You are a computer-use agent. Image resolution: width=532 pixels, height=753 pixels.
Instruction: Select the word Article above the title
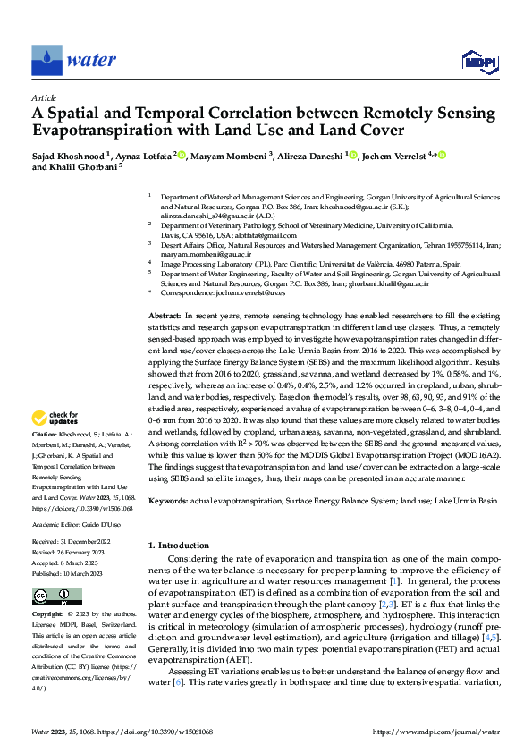click(44, 97)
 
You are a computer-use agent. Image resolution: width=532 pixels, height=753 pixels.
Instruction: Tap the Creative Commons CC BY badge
click(56, 596)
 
